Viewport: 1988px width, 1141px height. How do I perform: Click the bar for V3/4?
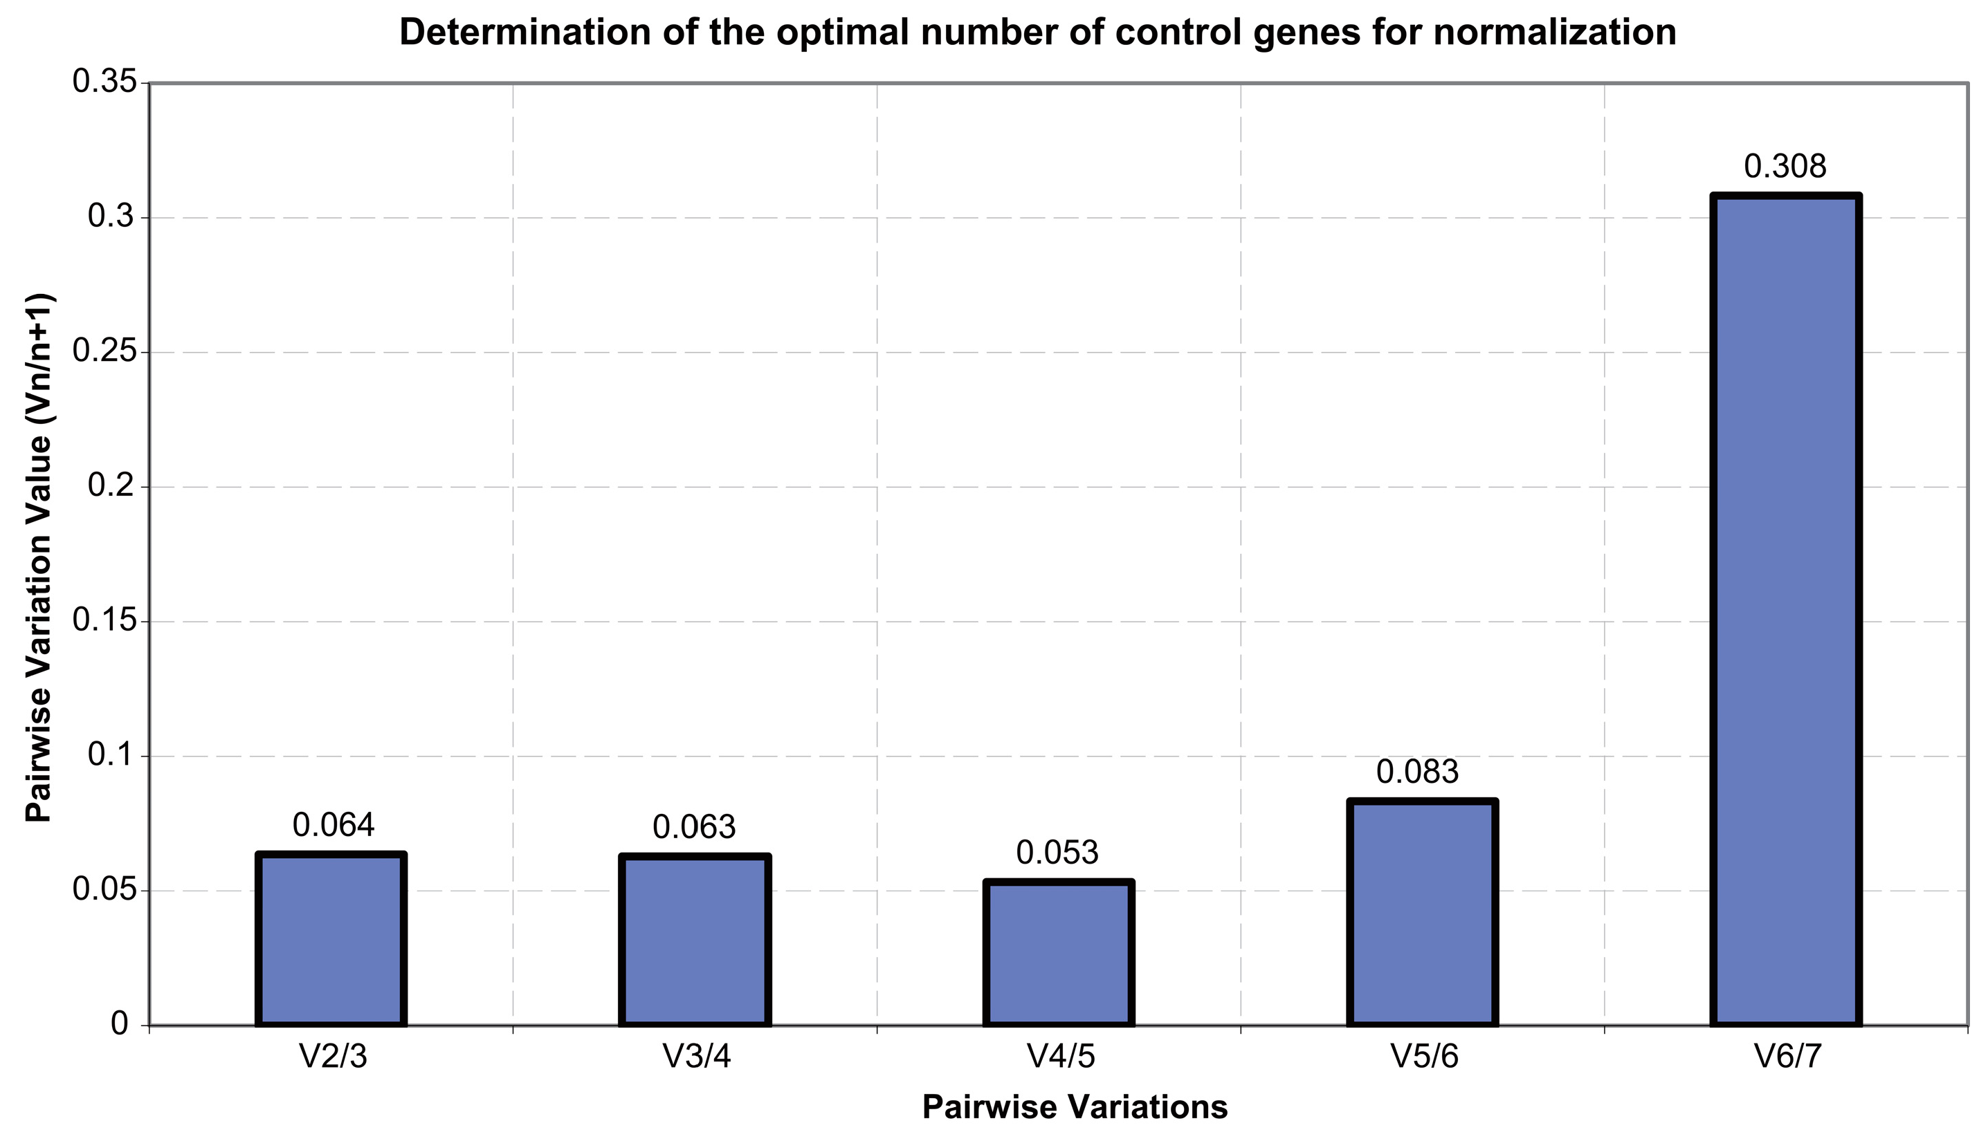coord(695,940)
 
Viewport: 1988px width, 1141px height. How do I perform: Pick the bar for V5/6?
coord(1422,913)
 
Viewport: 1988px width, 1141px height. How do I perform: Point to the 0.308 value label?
coord(1785,167)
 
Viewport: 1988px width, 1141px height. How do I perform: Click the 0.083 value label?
coord(1417,772)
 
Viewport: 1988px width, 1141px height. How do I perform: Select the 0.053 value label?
coord(1057,853)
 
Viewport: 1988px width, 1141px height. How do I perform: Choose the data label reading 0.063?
coord(695,828)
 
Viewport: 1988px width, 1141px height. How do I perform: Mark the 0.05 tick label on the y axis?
coord(104,890)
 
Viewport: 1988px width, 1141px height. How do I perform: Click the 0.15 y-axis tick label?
coord(104,621)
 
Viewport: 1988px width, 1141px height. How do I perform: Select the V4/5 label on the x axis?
coord(1061,1057)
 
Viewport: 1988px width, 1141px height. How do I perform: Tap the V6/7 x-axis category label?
coord(1788,1057)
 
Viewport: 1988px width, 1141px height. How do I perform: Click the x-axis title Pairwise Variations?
coord(1075,1107)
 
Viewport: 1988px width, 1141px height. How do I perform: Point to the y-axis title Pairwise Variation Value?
coord(39,557)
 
